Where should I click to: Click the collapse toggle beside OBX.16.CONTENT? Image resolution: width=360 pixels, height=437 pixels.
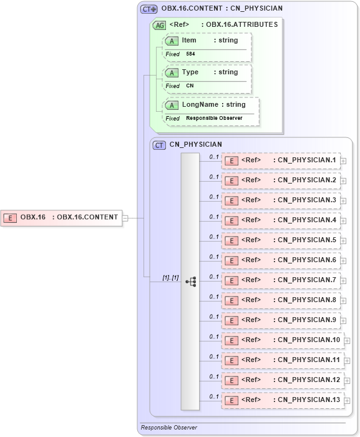pos(125,218)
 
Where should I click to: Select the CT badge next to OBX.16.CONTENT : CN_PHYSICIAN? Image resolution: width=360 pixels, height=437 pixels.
pos(148,9)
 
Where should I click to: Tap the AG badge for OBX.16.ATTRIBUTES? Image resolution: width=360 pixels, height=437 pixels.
pos(159,26)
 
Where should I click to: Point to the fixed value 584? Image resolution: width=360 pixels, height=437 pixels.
pos(191,54)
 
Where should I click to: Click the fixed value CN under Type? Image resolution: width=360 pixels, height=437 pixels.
pos(190,86)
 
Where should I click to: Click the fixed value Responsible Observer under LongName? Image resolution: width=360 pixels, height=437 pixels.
pos(214,118)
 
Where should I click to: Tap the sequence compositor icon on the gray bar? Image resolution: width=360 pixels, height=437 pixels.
pos(190,282)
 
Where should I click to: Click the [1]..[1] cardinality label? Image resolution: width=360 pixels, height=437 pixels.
pos(170,278)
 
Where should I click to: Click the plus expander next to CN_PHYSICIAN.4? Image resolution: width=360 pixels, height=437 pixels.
pos(343,221)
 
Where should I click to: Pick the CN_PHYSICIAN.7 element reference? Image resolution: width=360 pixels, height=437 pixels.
pos(281,280)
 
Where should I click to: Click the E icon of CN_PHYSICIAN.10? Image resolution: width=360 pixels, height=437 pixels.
pos(231,340)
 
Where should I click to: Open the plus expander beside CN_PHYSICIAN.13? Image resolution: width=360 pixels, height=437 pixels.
pos(347,401)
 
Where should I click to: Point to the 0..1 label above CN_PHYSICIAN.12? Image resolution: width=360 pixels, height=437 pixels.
pos(214,376)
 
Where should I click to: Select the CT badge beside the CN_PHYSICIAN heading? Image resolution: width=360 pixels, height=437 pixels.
pos(160,145)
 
